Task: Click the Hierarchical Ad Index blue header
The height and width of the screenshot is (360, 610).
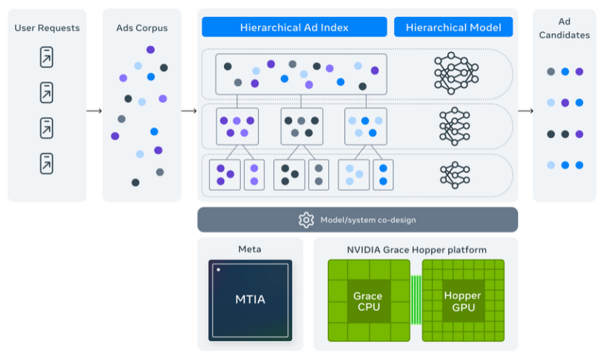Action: [294, 27]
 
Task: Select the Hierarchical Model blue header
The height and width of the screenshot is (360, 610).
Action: [453, 27]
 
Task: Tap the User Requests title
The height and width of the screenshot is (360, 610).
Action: [47, 28]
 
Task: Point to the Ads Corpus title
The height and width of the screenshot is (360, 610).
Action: [141, 28]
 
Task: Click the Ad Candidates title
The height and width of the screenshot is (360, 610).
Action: [564, 28]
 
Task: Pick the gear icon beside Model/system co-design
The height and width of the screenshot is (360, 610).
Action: [306, 220]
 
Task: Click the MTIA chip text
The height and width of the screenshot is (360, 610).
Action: [250, 299]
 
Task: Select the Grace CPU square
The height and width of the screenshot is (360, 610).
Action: [368, 301]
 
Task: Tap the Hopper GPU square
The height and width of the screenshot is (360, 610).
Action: [462, 300]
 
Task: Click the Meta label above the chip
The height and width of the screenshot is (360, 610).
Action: [249, 249]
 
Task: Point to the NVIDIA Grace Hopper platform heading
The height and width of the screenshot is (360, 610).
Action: [416, 250]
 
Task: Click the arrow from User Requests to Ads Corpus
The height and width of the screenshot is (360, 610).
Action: [95, 111]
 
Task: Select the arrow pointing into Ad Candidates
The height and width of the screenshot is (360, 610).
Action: [525, 111]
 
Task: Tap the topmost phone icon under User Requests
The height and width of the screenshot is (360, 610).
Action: [47, 57]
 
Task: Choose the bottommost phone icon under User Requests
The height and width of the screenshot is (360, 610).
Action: [47, 163]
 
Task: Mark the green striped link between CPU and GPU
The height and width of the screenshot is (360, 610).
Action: [416, 300]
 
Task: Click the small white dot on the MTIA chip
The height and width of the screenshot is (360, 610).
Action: [218, 269]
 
